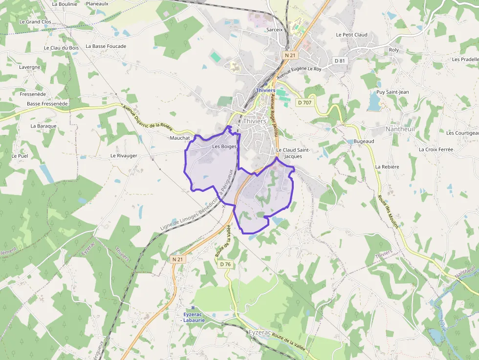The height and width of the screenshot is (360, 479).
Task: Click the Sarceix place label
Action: pyautogui.click(x=275, y=29)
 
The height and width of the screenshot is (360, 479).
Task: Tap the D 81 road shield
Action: pyautogui.click(x=340, y=61)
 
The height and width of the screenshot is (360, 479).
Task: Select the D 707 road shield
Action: pyautogui.click(x=304, y=103)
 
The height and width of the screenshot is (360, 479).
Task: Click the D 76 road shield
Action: pyautogui.click(x=225, y=264)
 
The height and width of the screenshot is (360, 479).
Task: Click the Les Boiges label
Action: pyautogui.click(x=224, y=146)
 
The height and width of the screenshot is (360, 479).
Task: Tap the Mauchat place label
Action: pyautogui.click(x=179, y=138)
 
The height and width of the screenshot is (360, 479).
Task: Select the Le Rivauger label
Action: pyautogui.click(x=124, y=156)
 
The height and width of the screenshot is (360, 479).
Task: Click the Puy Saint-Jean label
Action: pyautogui.click(x=392, y=92)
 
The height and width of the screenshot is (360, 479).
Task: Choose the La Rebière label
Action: pyautogui.click(x=387, y=167)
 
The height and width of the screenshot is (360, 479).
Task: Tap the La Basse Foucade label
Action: pyautogui.click(x=106, y=46)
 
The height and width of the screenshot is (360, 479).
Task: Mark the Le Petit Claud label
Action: pyautogui.click(x=351, y=35)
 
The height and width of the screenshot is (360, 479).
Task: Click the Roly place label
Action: pyautogui.click(x=393, y=50)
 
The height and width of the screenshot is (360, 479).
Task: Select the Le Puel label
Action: pyautogui.click(x=20, y=156)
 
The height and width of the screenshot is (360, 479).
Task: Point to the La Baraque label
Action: pyautogui.click(x=44, y=126)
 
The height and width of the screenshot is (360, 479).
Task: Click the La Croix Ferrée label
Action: pyautogui.click(x=436, y=149)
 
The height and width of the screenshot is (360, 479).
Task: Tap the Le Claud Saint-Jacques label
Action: pyautogui.click(x=293, y=153)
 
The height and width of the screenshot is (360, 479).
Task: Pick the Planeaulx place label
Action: pyautogui.click(x=97, y=3)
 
